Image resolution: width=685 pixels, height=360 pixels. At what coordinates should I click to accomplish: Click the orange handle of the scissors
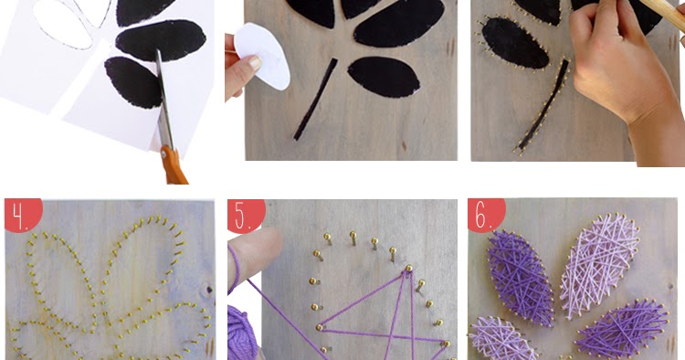[174, 166]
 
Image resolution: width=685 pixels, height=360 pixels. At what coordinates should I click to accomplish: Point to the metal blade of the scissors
[163, 101]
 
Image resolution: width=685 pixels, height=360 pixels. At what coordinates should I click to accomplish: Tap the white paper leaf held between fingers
[262, 56]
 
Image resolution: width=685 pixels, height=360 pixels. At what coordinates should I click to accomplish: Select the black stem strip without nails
[315, 100]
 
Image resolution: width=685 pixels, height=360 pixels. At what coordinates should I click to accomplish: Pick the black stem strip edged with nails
[544, 105]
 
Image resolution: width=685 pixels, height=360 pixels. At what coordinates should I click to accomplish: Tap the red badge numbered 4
[22, 214]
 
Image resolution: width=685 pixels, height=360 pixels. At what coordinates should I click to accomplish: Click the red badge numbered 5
[245, 215]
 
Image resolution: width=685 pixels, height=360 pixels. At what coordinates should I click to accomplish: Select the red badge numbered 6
[485, 214]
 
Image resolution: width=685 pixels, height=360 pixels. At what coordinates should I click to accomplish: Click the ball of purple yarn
[241, 332]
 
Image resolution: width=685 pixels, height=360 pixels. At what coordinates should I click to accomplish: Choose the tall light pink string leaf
[598, 264]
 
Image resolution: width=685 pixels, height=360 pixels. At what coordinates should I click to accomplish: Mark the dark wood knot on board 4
[209, 290]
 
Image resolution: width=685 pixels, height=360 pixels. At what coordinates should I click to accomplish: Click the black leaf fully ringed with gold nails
[514, 43]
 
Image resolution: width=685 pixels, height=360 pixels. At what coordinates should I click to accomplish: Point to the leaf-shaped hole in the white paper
[62, 25]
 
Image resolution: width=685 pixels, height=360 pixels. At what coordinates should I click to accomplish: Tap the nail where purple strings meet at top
[409, 269]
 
